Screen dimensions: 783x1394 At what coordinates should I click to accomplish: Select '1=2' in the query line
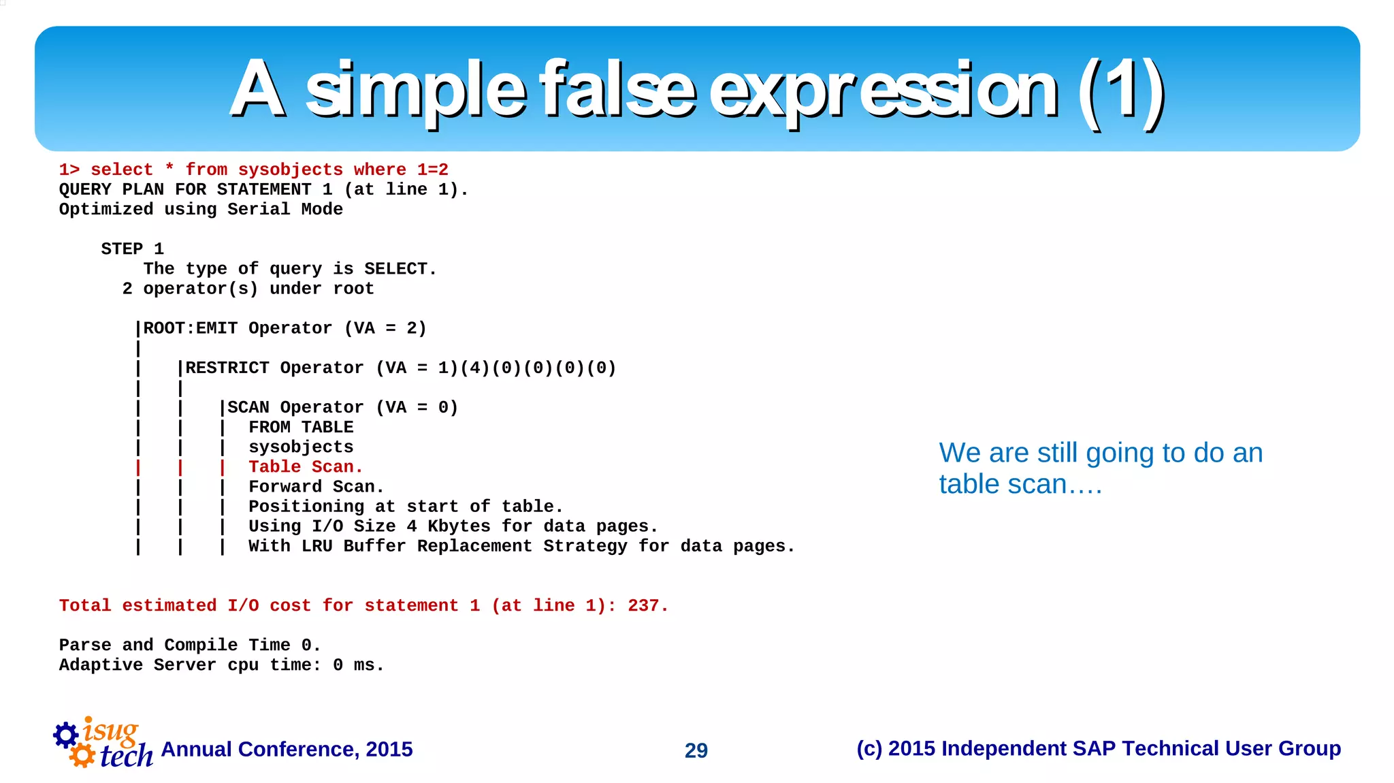(x=433, y=170)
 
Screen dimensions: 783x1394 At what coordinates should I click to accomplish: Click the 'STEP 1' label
(x=132, y=249)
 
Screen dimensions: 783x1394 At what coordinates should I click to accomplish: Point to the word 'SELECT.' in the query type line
(x=400, y=269)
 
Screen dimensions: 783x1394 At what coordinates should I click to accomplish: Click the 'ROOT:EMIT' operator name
(x=190, y=328)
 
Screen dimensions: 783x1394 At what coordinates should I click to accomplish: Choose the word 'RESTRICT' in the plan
(x=227, y=368)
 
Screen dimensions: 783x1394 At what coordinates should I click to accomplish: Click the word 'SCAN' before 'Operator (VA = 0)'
(x=248, y=407)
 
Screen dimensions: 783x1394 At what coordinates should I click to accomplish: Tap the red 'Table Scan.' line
(x=306, y=467)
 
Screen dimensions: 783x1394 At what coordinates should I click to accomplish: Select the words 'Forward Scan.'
(x=316, y=487)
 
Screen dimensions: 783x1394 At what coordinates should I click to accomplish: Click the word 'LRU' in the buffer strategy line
(x=317, y=546)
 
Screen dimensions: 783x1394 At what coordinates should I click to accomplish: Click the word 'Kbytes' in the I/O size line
(x=459, y=526)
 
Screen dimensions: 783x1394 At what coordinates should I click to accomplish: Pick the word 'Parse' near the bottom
(x=85, y=645)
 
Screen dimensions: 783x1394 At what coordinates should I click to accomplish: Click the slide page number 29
(x=696, y=750)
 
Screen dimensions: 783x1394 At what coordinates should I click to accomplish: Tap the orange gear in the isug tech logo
(x=82, y=755)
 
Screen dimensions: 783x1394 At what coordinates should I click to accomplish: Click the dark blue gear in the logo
(x=66, y=734)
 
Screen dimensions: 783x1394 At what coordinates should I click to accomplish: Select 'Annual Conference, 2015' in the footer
(x=287, y=749)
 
